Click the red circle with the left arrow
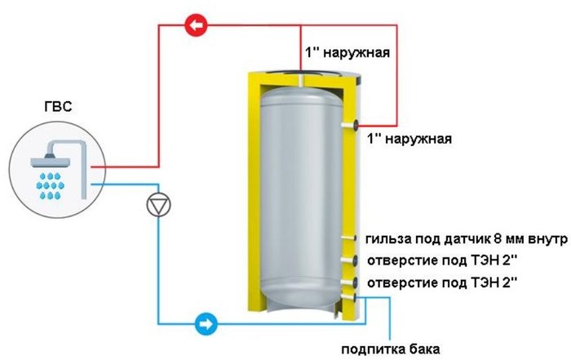point(197,25)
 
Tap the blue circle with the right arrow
point(206,323)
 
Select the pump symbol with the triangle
point(158,205)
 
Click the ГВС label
point(58,107)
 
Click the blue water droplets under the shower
point(51,186)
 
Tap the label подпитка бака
point(391,349)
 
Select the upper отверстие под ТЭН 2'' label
point(442,260)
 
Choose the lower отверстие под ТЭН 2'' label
point(442,282)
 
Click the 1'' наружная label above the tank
point(347,52)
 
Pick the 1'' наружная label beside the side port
point(409,139)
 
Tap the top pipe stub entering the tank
point(301,81)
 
